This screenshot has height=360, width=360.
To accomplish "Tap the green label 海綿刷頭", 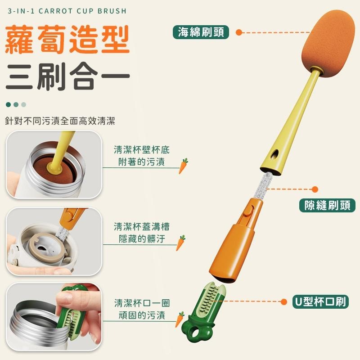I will [x=201, y=32].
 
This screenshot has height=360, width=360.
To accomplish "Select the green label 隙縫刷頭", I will [x=327, y=205].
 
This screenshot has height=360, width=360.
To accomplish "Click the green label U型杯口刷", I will [x=320, y=301].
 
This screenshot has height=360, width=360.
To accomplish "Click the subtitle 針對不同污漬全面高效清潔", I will [x=60, y=121].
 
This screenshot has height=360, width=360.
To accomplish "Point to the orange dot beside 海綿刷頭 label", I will [x=239, y=32].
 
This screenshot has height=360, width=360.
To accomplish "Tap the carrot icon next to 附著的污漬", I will [x=184, y=166].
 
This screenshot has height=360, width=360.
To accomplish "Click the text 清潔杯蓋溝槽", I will [x=141, y=226].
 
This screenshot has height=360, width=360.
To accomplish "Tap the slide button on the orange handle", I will [x=247, y=210].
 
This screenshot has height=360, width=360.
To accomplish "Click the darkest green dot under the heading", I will [x=8, y=104].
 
